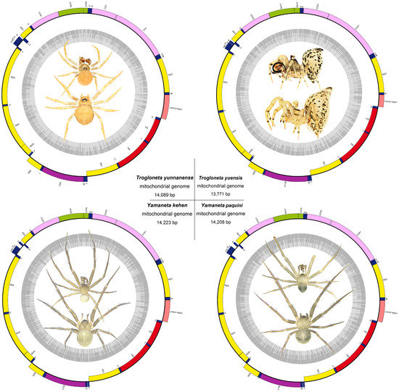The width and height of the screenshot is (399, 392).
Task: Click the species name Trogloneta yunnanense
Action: pos(161,177)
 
